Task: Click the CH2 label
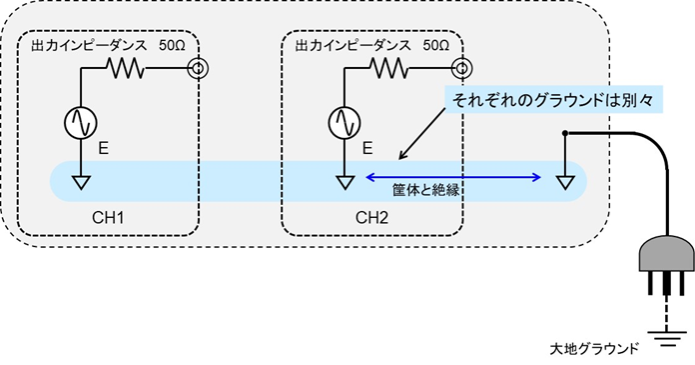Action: [x=373, y=216]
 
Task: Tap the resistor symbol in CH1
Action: [x=127, y=69]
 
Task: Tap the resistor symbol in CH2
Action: [x=389, y=69]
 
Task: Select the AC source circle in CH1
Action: [x=79, y=122]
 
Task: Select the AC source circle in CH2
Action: [x=344, y=122]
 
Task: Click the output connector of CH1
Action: [x=197, y=69]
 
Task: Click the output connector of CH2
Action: [x=460, y=69]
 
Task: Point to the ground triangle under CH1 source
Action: [x=79, y=182]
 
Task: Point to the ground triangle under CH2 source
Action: [x=344, y=182]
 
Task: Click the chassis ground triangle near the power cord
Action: [x=564, y=182]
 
